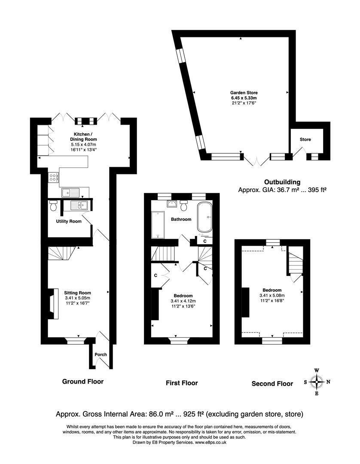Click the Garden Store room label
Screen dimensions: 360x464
click(244, 93)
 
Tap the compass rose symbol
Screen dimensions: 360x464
click(317, 382)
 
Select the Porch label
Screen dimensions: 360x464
click(101, 354)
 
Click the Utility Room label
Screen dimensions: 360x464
click(69, 221)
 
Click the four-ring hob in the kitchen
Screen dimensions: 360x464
click(54, 177)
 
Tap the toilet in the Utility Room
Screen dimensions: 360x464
click(54, 205)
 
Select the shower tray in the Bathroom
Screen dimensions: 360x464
click(158, 225)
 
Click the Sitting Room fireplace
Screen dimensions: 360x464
click(53, 304)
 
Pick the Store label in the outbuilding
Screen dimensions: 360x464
click(305, 139)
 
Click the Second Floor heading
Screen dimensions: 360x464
click(272, 384)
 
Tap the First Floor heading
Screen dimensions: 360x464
click(182, 383)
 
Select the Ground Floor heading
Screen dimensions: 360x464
click(83, 382)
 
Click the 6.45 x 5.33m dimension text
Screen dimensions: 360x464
click(244, 98)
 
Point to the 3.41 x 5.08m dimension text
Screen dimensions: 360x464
click(272, 295)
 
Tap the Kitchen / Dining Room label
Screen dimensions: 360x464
click(83, 137)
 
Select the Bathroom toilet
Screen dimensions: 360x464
click(184, 205)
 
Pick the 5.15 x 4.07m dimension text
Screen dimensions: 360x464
click(83, 144)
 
